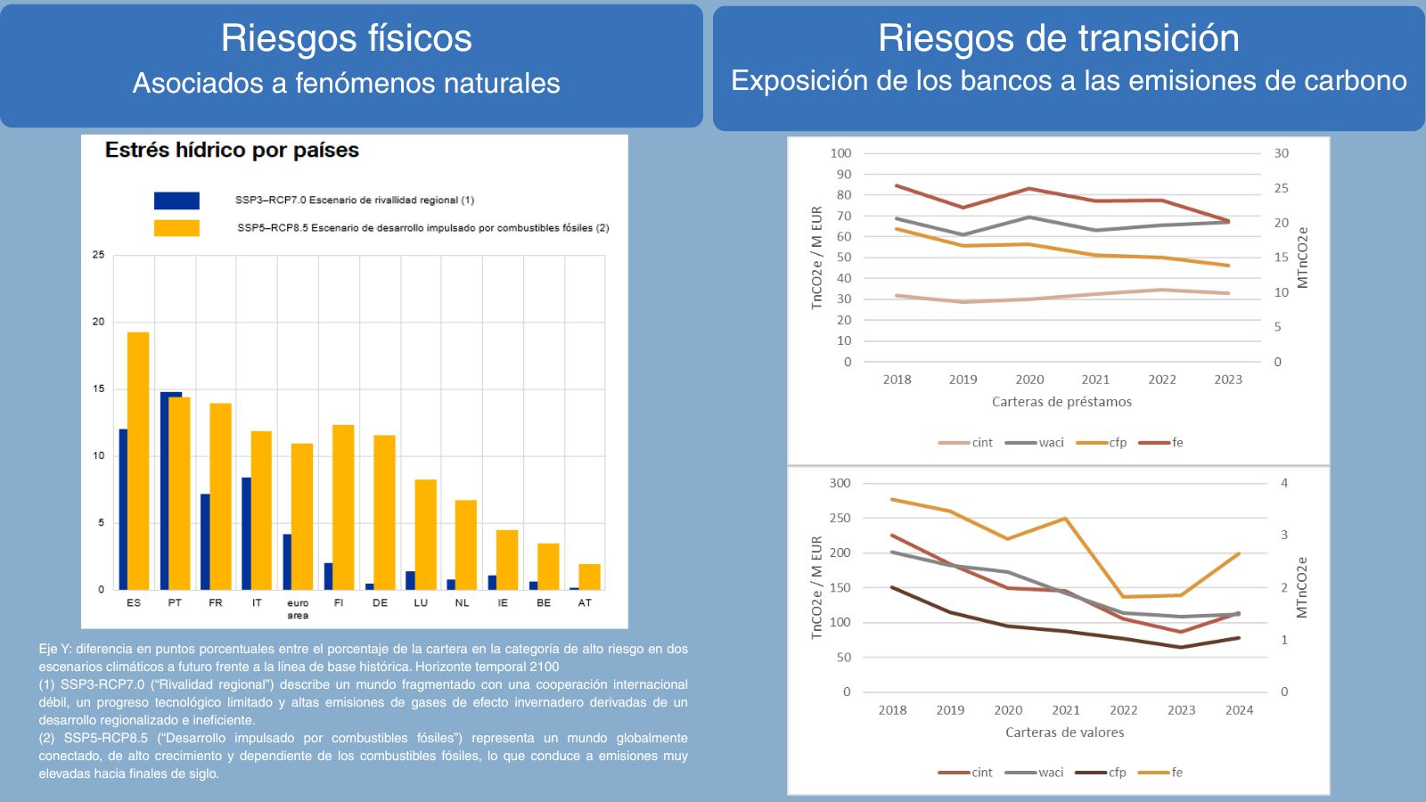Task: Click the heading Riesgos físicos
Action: [346, 38]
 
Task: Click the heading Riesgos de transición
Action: [1058, 38]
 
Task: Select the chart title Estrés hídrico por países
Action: [232, 150]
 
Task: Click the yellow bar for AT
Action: [589, 577]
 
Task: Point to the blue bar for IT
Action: [246, 533]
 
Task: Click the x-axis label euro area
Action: [298, 609]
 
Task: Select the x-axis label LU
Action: [421, 603]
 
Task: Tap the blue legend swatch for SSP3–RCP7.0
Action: [176, 200]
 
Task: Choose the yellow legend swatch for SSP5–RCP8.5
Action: [176, 228]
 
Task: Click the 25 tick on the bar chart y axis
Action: [99, 255]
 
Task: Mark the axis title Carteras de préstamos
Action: [1061, 402]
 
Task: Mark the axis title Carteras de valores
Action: [1064, 732]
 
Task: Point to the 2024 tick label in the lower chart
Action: [1239, 710]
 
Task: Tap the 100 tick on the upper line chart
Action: [840, 153]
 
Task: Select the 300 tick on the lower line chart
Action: [840, 483]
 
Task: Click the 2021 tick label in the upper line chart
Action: [1095, 380]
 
